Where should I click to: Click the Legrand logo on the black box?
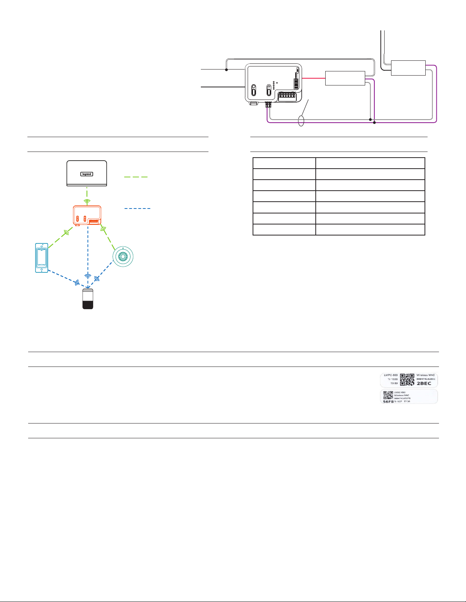click(87, 174)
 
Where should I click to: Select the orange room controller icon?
click(87, 215)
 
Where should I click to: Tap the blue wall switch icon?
click(41, 258)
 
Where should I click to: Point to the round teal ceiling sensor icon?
click(123, 257)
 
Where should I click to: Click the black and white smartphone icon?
click(88, 299)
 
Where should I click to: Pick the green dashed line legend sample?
click(136, 177)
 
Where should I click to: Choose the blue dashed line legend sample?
click(137, 209)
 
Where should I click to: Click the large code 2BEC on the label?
click(424, 383)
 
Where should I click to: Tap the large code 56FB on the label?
click(388, 401)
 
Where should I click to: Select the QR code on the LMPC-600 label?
click(407, 380)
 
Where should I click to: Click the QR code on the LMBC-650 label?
click(388, 395)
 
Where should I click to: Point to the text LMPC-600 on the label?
click(391, 375)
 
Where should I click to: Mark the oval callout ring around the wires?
click(301, 121)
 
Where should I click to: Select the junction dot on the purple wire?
click(375, 123)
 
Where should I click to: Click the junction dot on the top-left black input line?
click(226, 70)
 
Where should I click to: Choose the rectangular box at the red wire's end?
click(345, 78)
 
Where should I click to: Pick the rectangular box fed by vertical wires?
click(408, 68)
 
